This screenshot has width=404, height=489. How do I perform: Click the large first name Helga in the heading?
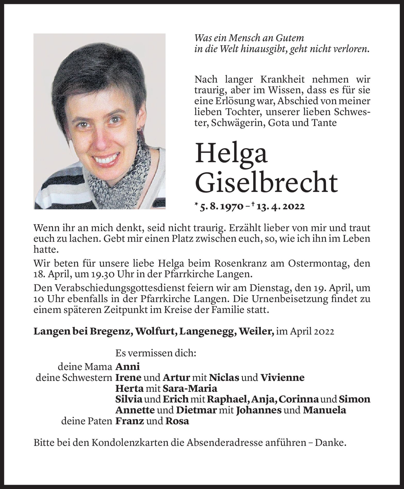click(232, 154)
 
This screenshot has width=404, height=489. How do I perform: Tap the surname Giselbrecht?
click(267, 183)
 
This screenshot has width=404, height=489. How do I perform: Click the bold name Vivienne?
click(282, 378)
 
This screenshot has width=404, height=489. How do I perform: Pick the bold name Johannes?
click(259, 410)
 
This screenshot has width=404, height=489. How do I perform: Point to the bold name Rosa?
click(177, 421)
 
